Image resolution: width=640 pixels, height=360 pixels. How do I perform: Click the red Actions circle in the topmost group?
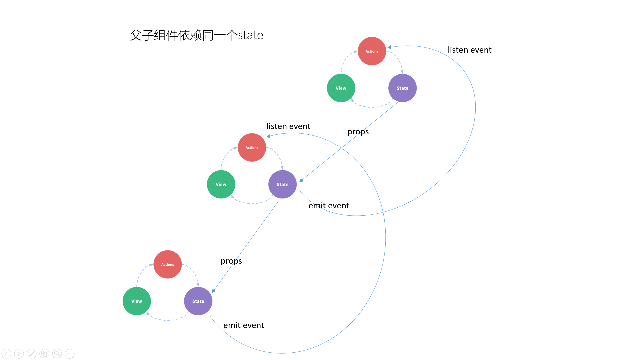click(372, 51)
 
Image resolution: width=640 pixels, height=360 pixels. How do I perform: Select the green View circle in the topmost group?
click(341, 88)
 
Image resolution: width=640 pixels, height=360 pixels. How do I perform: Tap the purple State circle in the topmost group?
click(402, 88)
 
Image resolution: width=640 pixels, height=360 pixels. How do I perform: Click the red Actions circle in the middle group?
click(252, 147)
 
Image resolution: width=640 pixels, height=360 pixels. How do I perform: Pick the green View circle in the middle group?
click(221, 184)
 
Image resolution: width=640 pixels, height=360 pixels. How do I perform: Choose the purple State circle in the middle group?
click(282, 184)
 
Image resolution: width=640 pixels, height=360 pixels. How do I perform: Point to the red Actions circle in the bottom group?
click(167, 264)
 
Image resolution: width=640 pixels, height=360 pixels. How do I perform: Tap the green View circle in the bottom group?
click(137, 301)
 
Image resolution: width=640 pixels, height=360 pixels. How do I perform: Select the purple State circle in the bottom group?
click(198, 301)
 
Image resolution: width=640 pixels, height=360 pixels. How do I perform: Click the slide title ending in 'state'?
click(197, 35)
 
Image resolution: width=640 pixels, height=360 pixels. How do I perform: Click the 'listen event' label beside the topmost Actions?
click(469, 50)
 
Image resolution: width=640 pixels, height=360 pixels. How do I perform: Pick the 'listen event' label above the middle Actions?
click(288, 126)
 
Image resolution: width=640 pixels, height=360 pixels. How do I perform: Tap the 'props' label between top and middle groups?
click(358, 132)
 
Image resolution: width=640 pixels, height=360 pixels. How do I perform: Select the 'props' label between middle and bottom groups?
click(231, 261)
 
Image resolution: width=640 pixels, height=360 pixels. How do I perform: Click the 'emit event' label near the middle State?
click(329, 205)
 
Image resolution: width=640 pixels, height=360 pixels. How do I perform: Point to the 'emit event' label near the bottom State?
click(244, 325)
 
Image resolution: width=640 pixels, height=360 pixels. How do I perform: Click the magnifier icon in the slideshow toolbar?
click(57, 354)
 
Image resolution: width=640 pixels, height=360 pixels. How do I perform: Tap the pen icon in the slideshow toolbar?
click(32, 354)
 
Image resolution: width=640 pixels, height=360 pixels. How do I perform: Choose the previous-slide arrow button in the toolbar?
click(6, 354)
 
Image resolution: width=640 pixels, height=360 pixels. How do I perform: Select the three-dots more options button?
click(70, 354)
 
